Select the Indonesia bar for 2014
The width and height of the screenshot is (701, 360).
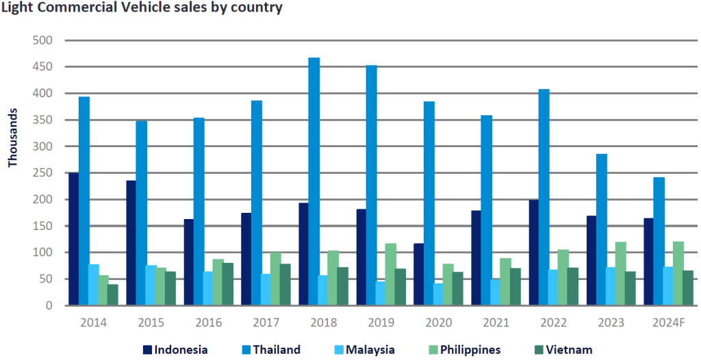tap(73, 239)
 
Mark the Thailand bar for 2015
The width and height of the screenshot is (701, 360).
tap(141, 213)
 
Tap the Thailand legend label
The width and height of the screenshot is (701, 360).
tap(277, 350)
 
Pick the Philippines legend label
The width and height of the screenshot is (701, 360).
tap(470, 350)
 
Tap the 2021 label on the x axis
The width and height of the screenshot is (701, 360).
tap(496, 322)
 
